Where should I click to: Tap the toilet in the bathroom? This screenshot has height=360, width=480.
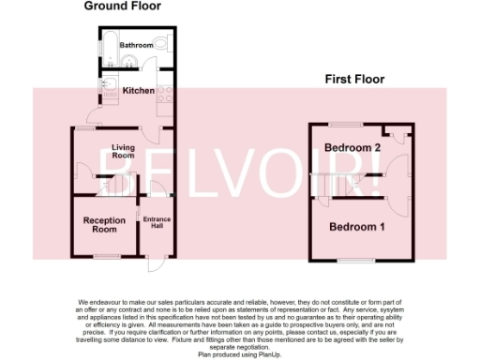click(161, 44)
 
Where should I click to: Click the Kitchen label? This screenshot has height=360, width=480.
click(138, 91)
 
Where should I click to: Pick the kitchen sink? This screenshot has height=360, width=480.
click(106, 88)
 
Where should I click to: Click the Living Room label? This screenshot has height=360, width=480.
click(124, 152)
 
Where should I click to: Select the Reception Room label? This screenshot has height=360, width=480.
click(104, 224)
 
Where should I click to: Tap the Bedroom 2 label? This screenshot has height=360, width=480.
click(352, 148)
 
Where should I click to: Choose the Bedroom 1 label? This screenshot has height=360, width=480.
click(356, 227)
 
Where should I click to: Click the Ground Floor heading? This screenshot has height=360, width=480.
click(122, 6)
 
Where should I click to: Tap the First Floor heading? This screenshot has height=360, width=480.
click(354, 80)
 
